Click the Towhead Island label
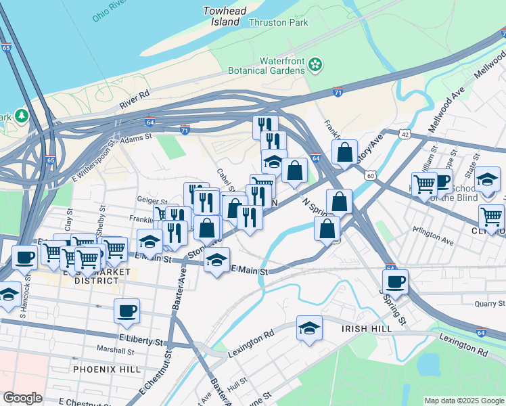[x=222, y=16]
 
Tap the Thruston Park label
[x=279, y=22]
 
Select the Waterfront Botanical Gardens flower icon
[x=314, y=65]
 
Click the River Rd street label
[x=134, y=99]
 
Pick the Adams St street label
[x=135, y=137]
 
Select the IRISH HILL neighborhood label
[x=367, y=328]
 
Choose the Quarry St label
[x=481, y=304]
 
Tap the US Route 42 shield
[x=405, y=135]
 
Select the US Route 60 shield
[x=370, y=175]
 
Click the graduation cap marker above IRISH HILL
[x=309, y=328]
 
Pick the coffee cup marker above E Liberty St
[x=127, y=311]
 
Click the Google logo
[x=22, y=398]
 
